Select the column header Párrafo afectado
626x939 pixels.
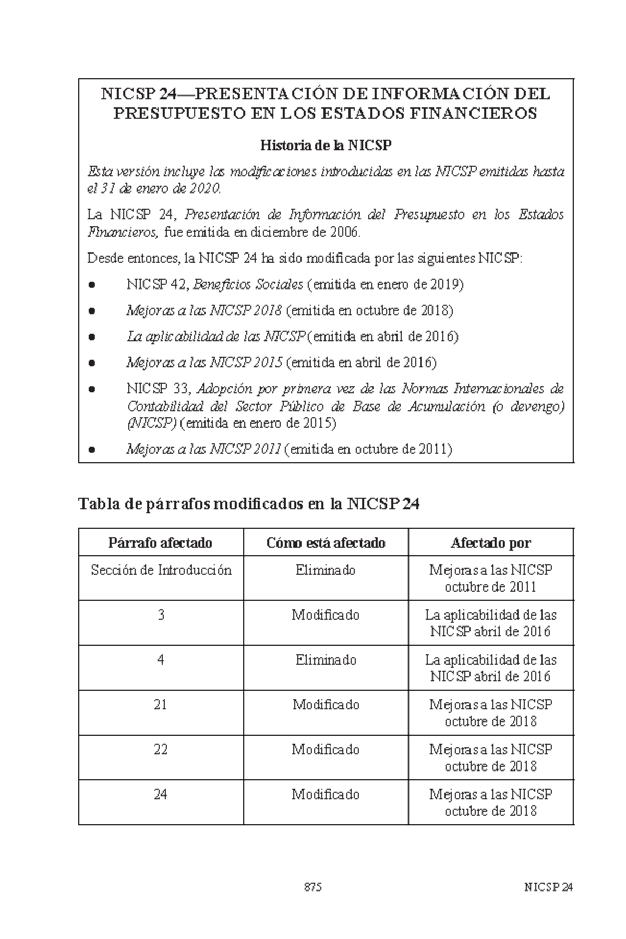click(161, 543)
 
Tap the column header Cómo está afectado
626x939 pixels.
click(326, 543)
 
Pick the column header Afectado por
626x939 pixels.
click(490, 543)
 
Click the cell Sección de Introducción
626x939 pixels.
click(161, 570)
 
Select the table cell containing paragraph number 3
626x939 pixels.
click(161, 615)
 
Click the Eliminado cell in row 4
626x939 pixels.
click(326, 660)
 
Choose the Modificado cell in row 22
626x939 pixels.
click(326, 750)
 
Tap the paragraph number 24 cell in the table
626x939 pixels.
click(161, 794)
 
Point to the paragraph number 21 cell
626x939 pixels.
click(161, 705)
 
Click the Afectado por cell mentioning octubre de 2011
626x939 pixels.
click(490, 579)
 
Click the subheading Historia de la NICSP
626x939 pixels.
click(326, 145)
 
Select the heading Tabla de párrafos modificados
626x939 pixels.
click(249, 504)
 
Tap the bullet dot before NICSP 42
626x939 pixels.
click(92, 285)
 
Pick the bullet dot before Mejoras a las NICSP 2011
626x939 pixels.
click(92, 449)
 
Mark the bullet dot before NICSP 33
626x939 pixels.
click(92, 389)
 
